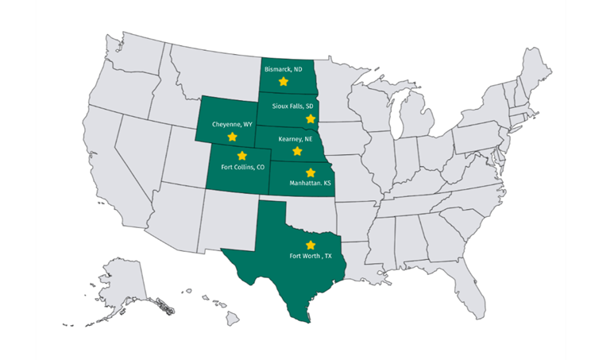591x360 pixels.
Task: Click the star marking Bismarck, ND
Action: pyautogui.click(x=283, y=81)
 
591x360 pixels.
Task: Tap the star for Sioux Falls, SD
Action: pyautogui.click(x=310, y=117)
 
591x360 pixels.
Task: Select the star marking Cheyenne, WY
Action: pyautogui.click(x=232, y=137)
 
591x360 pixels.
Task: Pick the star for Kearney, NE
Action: pyautogui.click(x=297, y=150)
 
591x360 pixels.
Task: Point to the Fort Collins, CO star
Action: pyautogui.click(x=241, y=156)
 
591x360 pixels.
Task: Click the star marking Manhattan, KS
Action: pyautogui.click(x=310, y=172)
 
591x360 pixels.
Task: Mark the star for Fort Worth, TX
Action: pyautogui.click(x=311, y=245)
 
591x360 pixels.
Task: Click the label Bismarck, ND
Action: pyautogui.click(x=284, y=70)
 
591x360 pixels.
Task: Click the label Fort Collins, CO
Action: pyautogui.click(x=242, y=167)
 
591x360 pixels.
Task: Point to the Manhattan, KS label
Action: pyautogui.click(x=311, y=183)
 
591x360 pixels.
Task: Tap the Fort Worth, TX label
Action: pyautogui.click(x=311, y=256)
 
